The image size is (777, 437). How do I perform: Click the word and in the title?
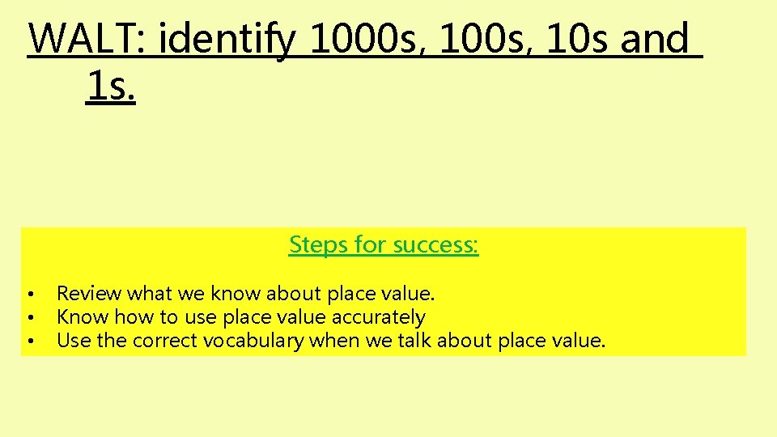tap(655, 39)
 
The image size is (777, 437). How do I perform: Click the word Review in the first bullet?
tap(89, 293)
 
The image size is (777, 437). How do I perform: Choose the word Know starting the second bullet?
tap(83, 317)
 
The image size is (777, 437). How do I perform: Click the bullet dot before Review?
tap(29, 294)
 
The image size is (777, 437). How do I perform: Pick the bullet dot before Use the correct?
tap(29, 342)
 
